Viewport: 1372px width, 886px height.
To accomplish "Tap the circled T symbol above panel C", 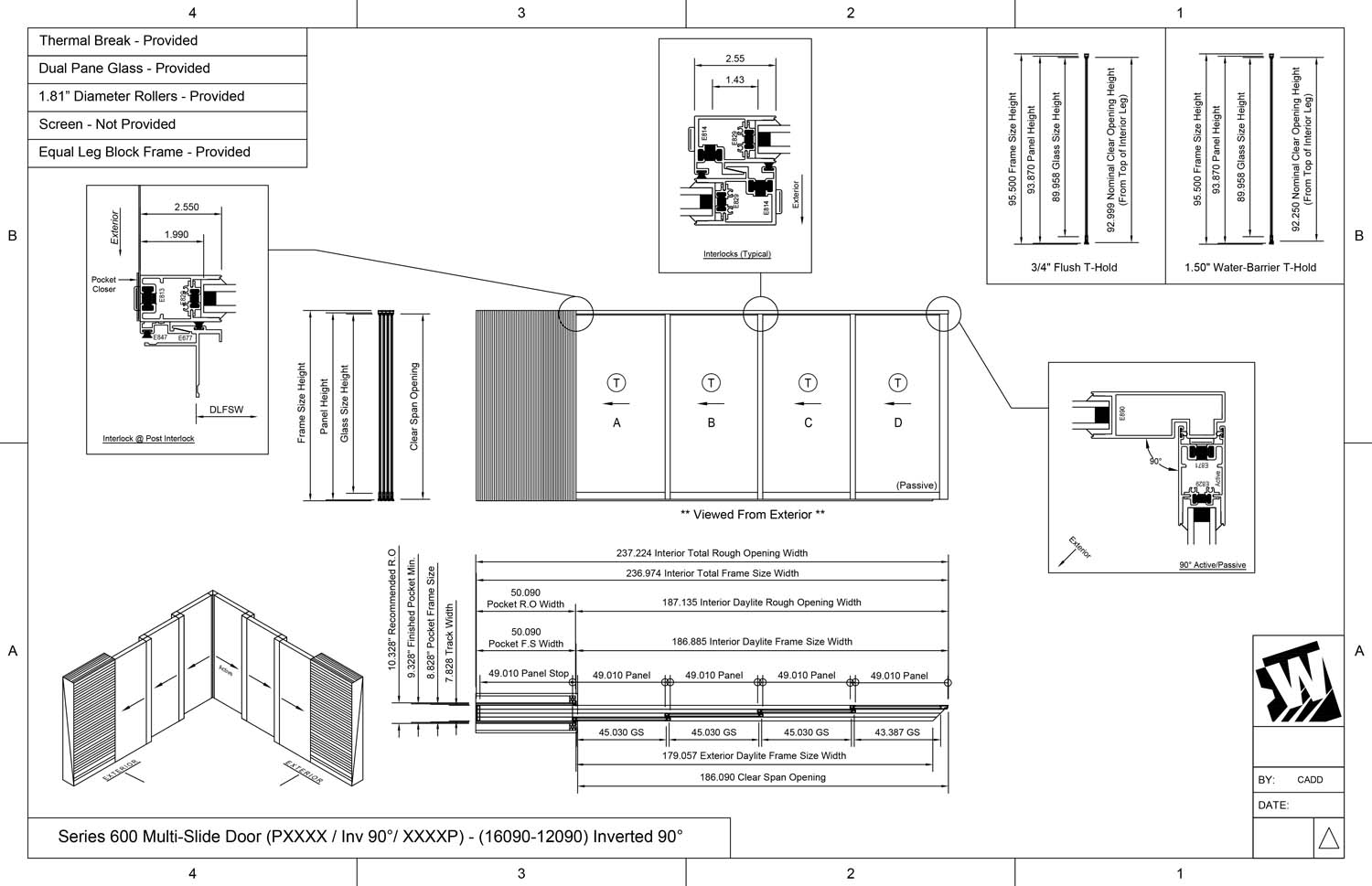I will [808, 383].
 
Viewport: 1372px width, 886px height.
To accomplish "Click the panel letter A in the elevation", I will [616, 423].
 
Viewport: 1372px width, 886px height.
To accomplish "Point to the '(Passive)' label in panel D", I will [916, 486].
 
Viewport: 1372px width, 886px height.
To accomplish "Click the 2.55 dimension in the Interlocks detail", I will [734, 59].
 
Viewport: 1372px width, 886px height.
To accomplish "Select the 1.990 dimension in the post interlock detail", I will [177, 235].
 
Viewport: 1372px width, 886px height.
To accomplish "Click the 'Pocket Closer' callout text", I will [104, 284].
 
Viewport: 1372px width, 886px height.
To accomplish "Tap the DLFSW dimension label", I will [226, 410].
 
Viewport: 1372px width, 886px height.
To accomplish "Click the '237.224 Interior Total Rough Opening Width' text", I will [712, 553].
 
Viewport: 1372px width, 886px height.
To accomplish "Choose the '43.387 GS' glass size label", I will [897, 732].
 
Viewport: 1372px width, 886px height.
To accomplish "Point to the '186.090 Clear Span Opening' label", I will [763, 777].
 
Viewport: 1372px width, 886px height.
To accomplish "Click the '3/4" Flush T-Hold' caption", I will [1074, 268].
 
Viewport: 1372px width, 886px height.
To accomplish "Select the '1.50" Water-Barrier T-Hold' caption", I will [1250, 268].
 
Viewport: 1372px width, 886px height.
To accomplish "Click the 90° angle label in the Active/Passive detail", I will [1155, 462].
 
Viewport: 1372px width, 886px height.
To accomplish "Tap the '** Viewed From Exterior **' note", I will [752, 515].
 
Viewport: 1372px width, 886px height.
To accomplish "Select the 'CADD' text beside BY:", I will [1310, 780].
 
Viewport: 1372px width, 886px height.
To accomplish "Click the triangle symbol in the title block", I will [1328, 838].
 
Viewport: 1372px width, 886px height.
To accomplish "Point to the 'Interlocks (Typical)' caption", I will [736, 254].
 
